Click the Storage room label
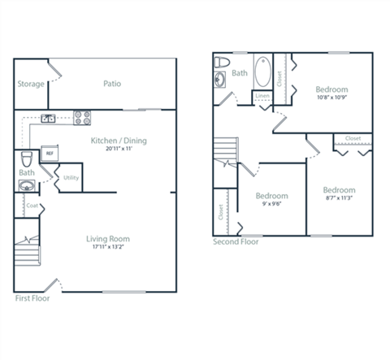31,84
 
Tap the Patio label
112,84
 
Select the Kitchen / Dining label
119,141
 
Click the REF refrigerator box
49,153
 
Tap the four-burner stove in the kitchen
82,117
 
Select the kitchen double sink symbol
49,119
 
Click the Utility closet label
71,176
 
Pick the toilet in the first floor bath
27,156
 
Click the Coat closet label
32,206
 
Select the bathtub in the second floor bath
263,73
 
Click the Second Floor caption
237,241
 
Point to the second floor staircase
225,150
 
